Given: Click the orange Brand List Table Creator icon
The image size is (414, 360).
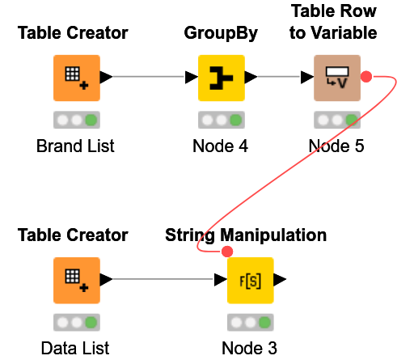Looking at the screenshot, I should click(x=77, y=78).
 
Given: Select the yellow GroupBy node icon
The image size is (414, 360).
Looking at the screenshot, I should click(x=222, y=78).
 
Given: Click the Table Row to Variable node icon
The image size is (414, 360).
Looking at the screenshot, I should click(x=336, y=78).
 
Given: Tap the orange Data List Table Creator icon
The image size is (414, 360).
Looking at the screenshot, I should click(x=77, y=280).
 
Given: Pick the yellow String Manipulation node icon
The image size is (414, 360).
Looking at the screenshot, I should click(x=250, y=280).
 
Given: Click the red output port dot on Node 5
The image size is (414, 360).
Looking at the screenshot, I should click(x=365, y=77).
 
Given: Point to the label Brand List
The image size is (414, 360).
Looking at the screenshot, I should click(x=76, y=146).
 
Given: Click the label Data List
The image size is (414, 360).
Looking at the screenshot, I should click(x=75, y=349).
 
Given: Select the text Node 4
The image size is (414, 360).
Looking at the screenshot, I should click(x=221, y=146).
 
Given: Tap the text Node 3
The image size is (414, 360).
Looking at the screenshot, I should click(x=250, y=349).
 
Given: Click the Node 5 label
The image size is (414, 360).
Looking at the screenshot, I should click(x=336, y=146).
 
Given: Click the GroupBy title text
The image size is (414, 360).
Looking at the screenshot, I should click(x=221, y=33).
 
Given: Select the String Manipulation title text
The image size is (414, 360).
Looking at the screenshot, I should click(x=246, y=235).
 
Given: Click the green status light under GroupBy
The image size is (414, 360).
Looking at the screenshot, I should click(x=235, y=121).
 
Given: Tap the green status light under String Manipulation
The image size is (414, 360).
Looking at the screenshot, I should click(x=264, y=323).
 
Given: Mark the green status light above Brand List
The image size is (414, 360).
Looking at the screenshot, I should click(x=91, y=121).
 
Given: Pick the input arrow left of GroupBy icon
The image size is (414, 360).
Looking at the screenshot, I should click(x=191, y=78).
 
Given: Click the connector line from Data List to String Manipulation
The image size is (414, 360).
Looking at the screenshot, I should click(x=162, y=280).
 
